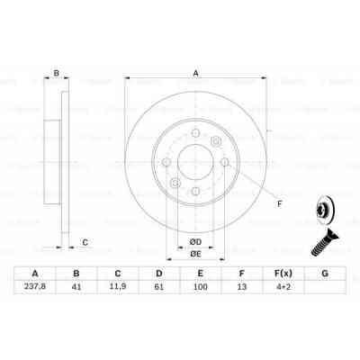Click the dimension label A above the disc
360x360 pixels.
(196, 75)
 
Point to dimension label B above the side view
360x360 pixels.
(56, 75)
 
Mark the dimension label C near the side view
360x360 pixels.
(85, 242)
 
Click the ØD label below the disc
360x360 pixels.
(194, 240)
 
